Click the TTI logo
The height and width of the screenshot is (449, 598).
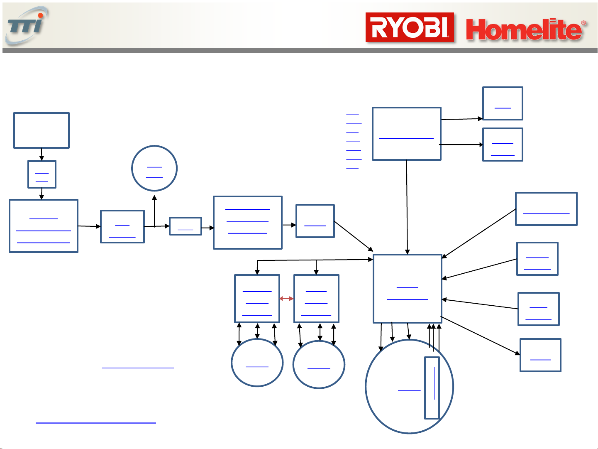(27, 25)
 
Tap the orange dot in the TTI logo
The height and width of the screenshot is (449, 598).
(41, 15)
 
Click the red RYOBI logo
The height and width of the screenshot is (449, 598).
(410, 27)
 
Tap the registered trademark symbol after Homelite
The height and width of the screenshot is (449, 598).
(583, 22)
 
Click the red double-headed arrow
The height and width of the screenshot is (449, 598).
(287, 299)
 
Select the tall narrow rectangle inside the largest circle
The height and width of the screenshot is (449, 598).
(432, 388)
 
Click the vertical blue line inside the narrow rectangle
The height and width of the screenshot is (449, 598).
(434, 383)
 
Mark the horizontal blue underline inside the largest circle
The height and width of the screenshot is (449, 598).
(409, 391)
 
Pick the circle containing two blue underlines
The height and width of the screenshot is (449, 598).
(154, 168)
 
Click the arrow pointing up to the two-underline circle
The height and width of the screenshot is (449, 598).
(154, 211)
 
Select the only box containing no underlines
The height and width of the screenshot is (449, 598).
(41, 130)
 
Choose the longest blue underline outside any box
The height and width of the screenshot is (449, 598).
(96, 423)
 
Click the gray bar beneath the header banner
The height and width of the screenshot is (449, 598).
(300, 51)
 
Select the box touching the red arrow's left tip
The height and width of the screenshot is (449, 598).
(257, 299)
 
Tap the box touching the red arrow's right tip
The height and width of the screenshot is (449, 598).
(316, 299)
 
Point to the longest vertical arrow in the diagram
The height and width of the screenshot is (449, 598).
(407, 207)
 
